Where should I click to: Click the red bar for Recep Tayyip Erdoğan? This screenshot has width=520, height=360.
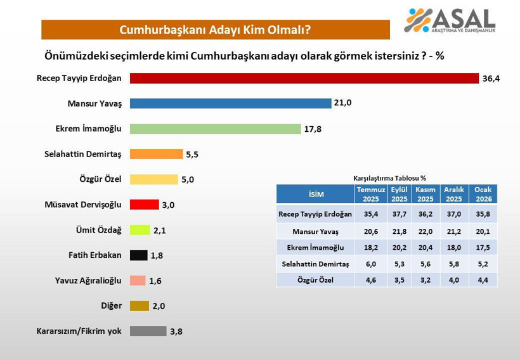point(304,78)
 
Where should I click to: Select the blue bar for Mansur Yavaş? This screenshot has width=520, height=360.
point(231,103)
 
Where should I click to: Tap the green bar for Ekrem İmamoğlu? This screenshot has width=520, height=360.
point(216,129)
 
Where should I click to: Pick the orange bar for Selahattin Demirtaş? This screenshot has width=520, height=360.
point(157,154)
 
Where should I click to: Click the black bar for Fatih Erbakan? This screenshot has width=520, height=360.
point(139,255)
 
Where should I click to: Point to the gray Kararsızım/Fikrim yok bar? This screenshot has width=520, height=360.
point(148,331)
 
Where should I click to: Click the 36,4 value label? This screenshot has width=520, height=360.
point(491,79)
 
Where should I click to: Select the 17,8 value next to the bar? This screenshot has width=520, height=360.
point(313,129)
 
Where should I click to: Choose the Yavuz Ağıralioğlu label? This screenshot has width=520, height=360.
point(88,281)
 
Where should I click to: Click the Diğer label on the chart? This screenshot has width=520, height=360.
point(111,306)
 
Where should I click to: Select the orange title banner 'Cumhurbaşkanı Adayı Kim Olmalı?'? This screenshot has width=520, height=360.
point(216,30)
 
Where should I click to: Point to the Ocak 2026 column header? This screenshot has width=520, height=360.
point(484,194)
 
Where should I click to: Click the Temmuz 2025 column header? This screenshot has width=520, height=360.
point(371,194)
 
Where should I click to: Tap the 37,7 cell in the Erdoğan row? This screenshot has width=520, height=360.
point(399,214)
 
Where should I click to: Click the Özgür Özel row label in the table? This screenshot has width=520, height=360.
point(315,279)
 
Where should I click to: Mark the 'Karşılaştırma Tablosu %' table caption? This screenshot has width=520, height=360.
point(389,178)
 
